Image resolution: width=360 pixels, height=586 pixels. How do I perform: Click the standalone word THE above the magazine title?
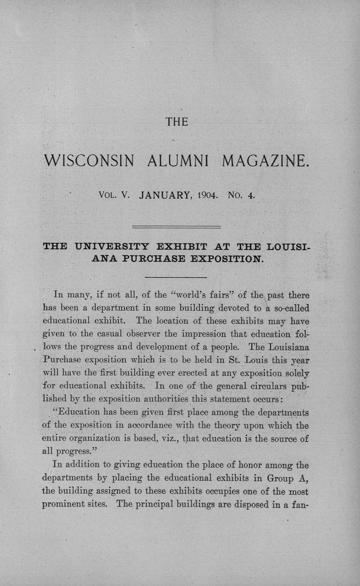(177, 122)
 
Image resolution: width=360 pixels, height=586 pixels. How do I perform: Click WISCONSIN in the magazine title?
(90, 161)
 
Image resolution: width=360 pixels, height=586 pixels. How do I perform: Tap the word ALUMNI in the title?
(179, 161)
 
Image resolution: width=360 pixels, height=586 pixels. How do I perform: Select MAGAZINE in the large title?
(264, 161)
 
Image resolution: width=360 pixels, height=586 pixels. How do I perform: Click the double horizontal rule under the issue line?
(177, 227)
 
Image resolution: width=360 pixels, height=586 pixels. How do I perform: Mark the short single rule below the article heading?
(176, 277)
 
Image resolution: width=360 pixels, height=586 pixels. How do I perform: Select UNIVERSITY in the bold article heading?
(112, 247)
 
